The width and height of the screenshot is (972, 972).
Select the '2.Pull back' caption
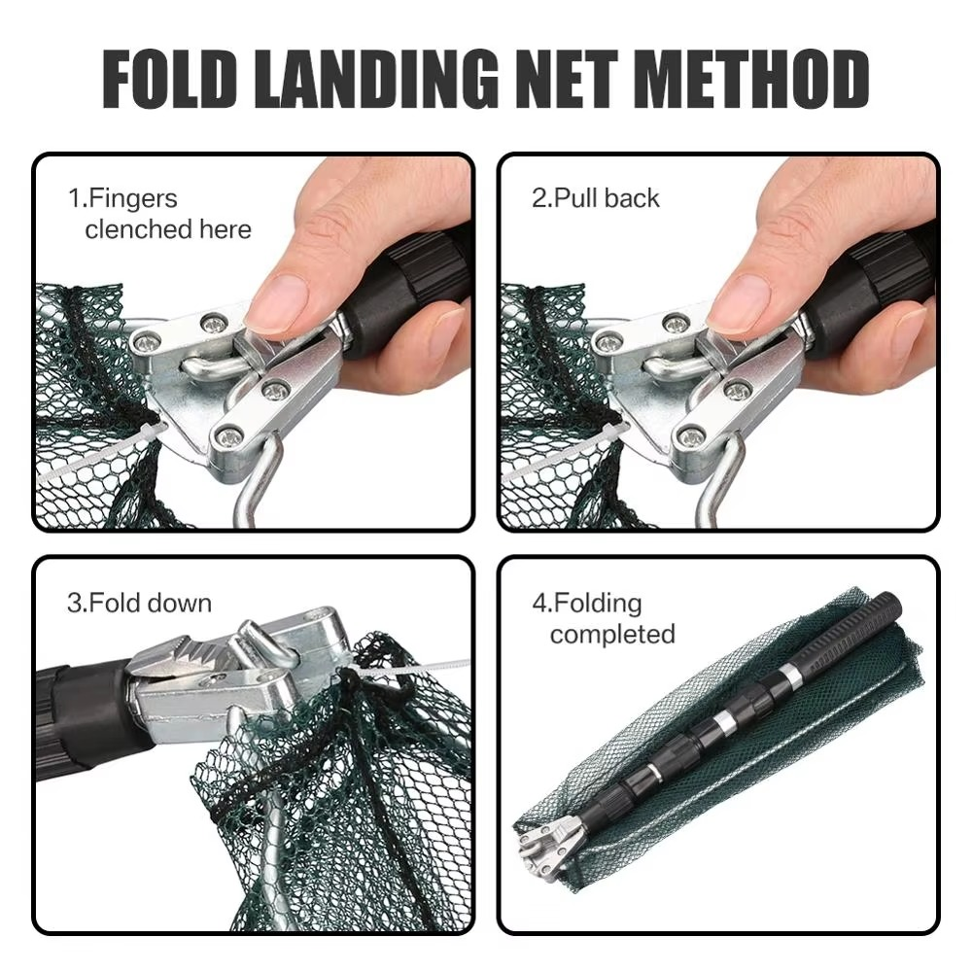tap(595, 198)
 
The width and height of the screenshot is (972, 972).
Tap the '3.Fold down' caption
tap(139, 603)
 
